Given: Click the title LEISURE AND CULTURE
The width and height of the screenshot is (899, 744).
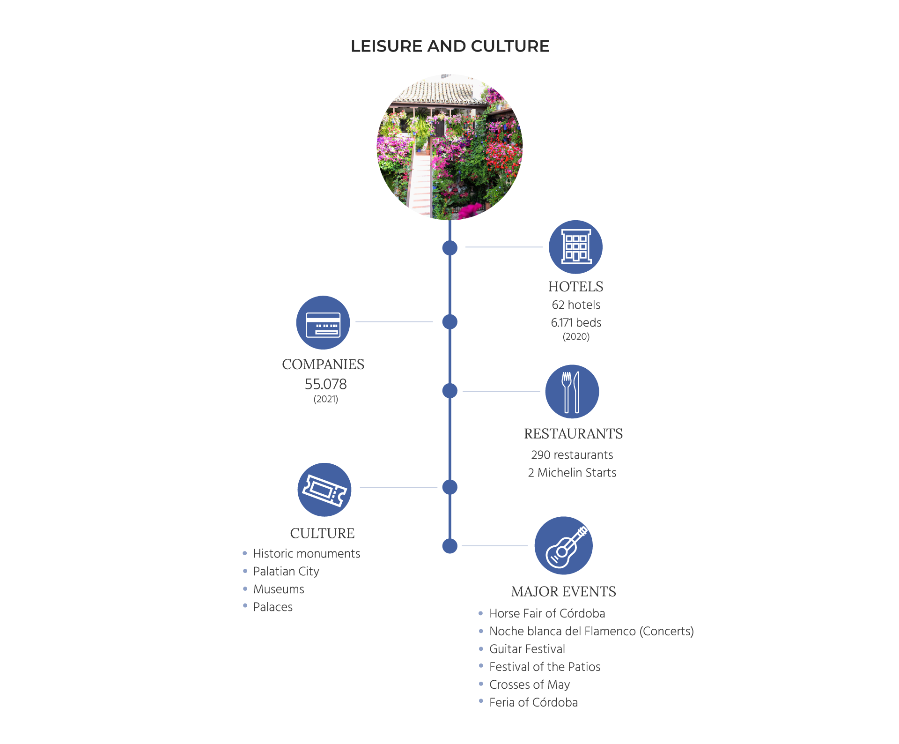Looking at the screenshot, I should click(449, 46).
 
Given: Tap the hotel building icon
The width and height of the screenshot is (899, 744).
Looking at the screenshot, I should click(575, 247).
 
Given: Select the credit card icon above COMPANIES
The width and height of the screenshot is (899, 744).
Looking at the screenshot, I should click(323, 322).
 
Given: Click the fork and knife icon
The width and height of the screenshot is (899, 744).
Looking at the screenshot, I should click(572, 391).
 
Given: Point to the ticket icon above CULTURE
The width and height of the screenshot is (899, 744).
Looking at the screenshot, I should click(324, 490).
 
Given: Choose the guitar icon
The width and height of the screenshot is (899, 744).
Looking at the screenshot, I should click(563, 545).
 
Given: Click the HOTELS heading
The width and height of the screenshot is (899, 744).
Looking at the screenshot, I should click(575, 286).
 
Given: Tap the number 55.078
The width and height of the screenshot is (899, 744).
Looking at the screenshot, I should click(325, 384).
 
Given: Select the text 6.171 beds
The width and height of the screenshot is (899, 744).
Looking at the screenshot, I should click(576, 322).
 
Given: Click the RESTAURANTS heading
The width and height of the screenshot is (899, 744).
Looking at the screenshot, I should click(573, 433).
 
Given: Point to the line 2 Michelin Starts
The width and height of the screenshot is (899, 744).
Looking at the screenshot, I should click(572, 472).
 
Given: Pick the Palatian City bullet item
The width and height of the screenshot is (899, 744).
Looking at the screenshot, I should click(286, 571).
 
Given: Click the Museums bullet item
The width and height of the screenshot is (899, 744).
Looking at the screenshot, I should click(279, 589).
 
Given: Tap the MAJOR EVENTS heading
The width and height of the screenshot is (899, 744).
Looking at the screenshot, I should click(563, 591).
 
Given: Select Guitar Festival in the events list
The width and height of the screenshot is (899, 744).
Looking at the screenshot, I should click(527, 649).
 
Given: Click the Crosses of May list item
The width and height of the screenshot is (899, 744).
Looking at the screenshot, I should click(529, 684).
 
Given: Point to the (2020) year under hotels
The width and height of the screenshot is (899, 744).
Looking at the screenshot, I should click(576, 336).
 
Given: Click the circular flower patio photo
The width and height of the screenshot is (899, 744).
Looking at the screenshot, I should click(449, 147).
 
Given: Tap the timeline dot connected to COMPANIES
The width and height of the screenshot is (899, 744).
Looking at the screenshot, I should click(449, 322).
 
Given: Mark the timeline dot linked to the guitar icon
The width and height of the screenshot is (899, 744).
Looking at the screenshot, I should click(449, 546).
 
